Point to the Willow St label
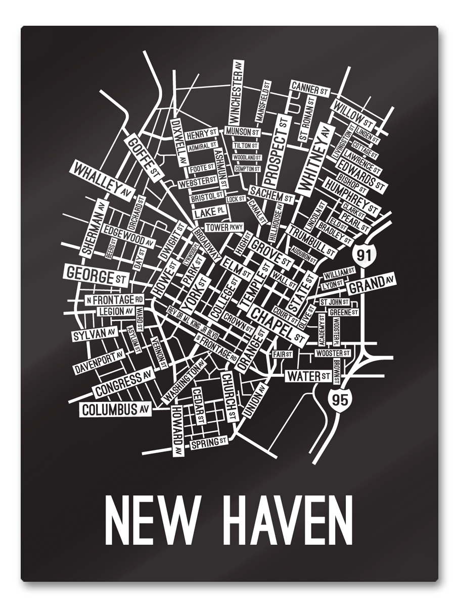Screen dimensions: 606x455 [x=353, y=114]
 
